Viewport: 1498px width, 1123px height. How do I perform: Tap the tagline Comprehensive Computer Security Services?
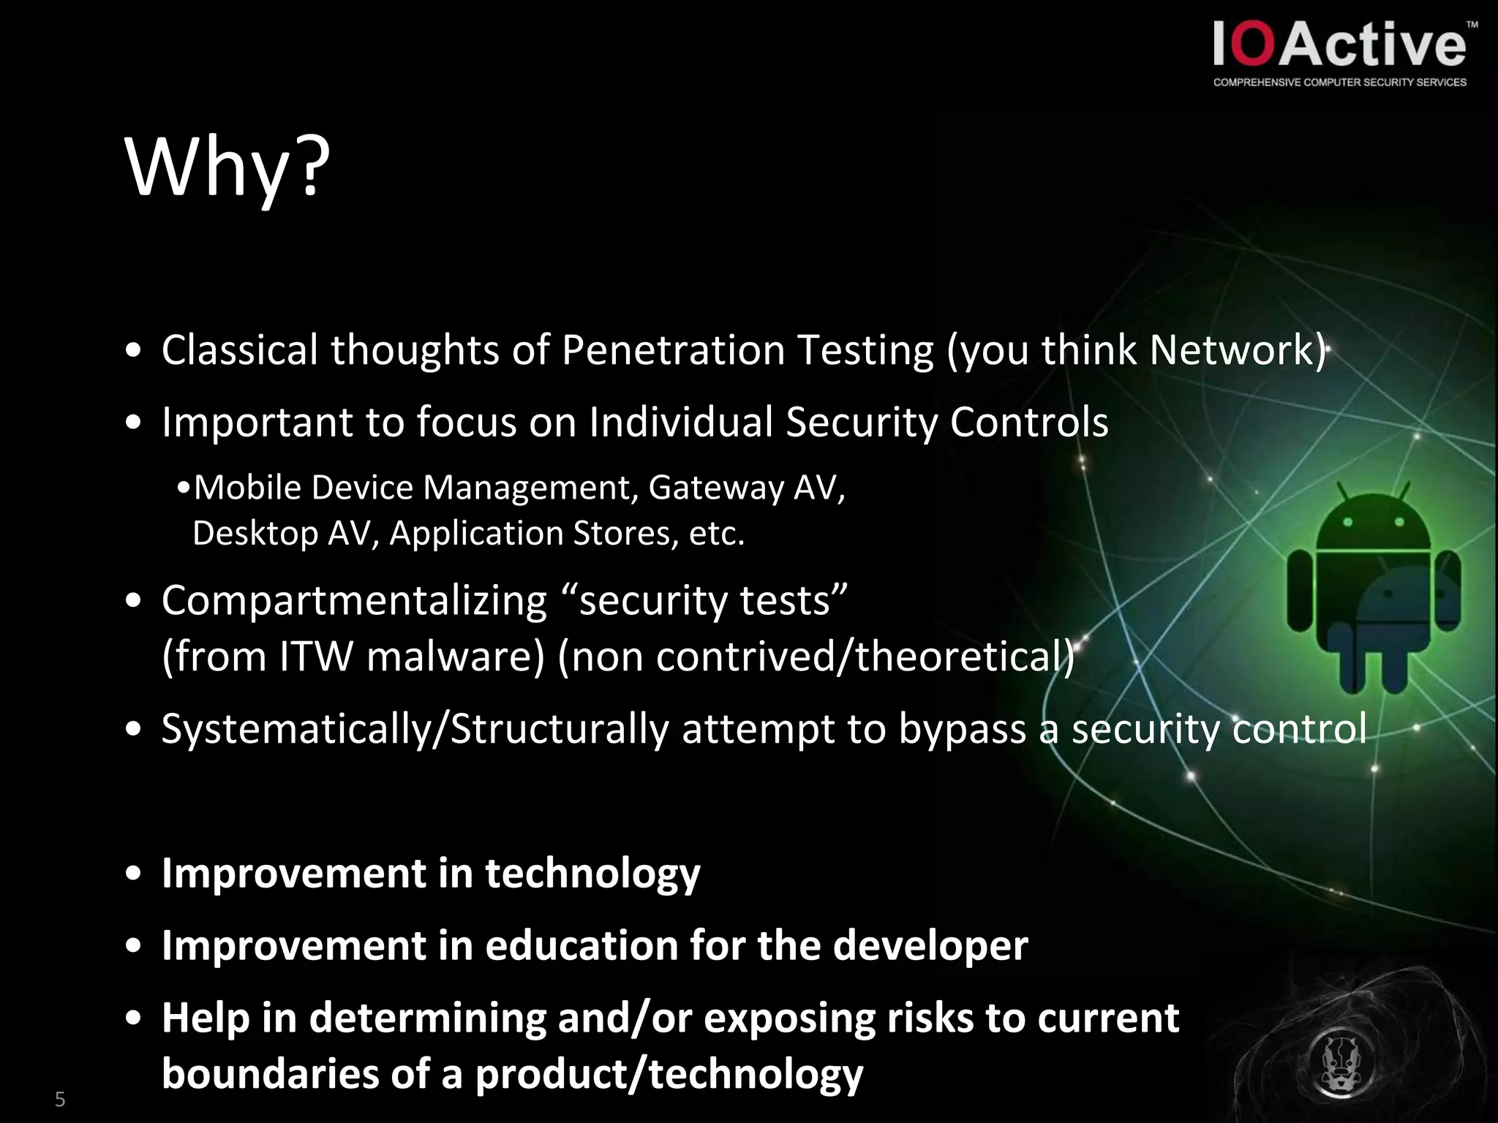point(1339,83)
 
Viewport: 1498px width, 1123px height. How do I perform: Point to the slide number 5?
point(60,1099)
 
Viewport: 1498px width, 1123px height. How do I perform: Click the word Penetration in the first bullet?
point(673,349)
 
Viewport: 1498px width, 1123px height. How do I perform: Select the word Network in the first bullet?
point(1232,349)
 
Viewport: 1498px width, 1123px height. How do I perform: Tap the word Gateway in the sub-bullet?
point(715,487)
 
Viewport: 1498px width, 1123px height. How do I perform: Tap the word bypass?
point(962,729)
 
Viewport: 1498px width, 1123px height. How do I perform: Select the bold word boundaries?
point(269,1073)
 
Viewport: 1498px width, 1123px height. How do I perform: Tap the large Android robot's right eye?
point(1399,522)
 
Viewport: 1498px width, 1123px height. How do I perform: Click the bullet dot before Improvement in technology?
point(133,874)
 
